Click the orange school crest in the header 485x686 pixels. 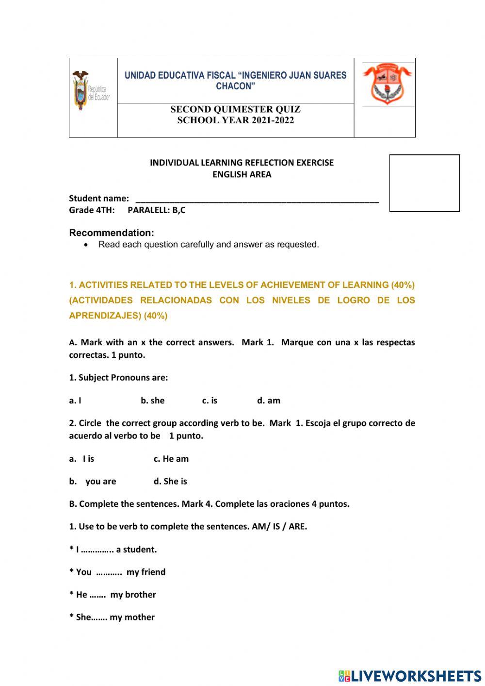point(387,84)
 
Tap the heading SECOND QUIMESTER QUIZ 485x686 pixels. point(235,110)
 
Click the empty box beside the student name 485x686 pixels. point(424,183)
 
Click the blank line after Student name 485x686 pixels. point(257,199)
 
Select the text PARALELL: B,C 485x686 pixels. point(156,210)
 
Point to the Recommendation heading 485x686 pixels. point(112,233)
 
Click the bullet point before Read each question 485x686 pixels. point(86,245)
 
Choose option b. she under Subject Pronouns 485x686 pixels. point(152,401)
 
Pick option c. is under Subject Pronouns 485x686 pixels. point(210,401)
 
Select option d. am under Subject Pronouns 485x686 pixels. point(269,401)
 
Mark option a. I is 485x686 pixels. point(82,459)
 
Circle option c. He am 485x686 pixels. point(171,459)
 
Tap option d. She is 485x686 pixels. point(170,482)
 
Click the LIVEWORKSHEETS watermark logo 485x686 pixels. point(410,676)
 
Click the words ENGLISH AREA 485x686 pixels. point(242,175)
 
